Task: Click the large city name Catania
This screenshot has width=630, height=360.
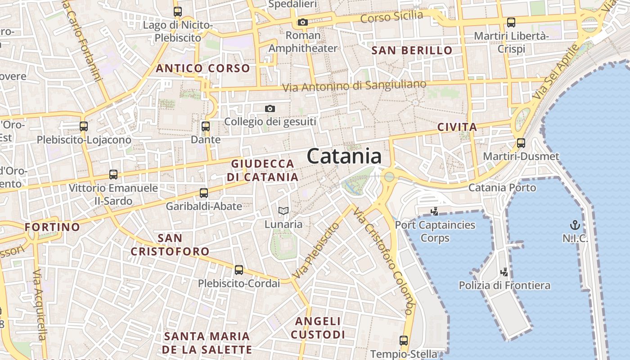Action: click(344, 157)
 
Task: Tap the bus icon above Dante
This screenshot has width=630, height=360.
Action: click(206, 126)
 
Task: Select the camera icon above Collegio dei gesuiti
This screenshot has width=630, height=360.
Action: click(270, 108)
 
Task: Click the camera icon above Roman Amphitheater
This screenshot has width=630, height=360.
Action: click(303, 22)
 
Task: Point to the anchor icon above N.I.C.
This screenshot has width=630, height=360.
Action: click(575, 225)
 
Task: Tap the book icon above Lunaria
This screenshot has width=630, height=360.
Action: click(283, 211)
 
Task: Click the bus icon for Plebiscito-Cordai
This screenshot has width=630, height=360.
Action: click(239, 270)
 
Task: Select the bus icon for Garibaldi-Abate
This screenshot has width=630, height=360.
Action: click(204, 193)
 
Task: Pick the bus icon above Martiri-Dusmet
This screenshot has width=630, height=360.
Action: click(521, 143)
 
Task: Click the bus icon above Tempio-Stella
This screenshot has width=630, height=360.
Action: click(404, 341)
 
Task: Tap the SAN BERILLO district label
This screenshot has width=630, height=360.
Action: click(412, 50)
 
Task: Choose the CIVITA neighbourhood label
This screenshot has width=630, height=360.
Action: click(457, 127)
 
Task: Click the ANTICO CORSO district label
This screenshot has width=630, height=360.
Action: click(202, 68)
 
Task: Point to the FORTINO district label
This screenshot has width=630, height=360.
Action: click(53, 227)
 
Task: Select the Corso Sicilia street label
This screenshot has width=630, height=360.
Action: click(392, 17)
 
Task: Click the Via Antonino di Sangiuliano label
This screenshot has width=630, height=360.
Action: click(354, 85)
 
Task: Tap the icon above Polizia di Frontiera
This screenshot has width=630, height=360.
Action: click(504, 272)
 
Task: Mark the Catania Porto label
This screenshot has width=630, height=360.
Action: click(502, 187)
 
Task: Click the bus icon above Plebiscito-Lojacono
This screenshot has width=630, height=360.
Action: click(84, 126)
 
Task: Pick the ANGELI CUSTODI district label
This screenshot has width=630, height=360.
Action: click(318, 328)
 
